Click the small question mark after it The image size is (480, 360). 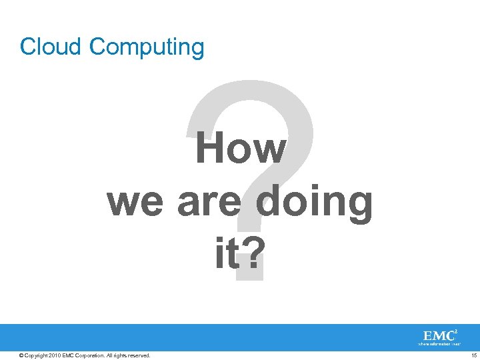[251, 253]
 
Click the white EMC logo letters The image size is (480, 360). [438, 335]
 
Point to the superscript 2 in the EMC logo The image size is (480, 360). [457, 331]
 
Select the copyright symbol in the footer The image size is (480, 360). [21, 355]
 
